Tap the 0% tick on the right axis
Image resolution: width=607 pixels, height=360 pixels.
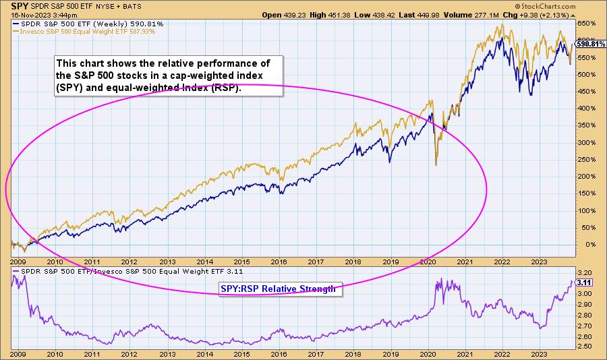coord(585,245)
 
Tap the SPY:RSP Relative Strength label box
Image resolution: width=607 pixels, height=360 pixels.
coord(277,289)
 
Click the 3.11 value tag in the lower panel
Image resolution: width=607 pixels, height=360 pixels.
coord(585,283)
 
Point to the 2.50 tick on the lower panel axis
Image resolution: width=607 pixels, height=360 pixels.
coord(585,347)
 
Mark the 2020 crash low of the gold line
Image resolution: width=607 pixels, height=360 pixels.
coord(436,164)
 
